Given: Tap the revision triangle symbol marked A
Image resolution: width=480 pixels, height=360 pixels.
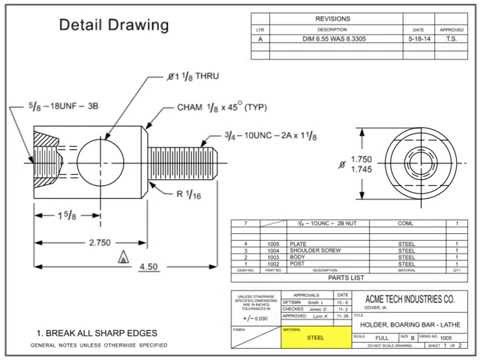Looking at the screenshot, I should [122, 256].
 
